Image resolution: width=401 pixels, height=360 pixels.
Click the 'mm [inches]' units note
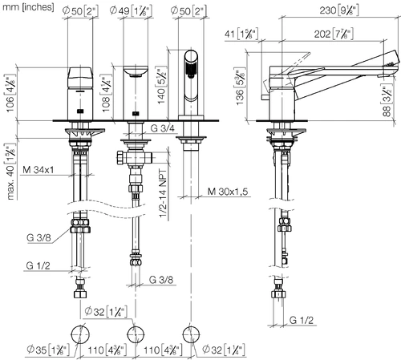coord(28,7)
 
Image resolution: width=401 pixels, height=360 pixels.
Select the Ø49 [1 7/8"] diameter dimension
coord(131,10)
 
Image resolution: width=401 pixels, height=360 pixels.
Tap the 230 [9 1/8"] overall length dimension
coord(339,10)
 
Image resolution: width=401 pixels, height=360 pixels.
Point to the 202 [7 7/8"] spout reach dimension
coord(334,34)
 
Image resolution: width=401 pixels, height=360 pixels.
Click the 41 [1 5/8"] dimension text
coord(241,34)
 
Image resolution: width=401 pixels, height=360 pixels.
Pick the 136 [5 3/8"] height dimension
coord(240,87)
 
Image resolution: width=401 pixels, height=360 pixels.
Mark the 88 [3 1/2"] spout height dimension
coord(387,101)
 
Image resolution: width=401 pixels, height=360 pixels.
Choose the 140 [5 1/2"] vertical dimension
coord(161,86)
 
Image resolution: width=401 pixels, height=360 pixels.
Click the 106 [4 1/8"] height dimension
coord(10,94)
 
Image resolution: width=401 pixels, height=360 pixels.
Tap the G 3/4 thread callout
coord(162,128)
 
